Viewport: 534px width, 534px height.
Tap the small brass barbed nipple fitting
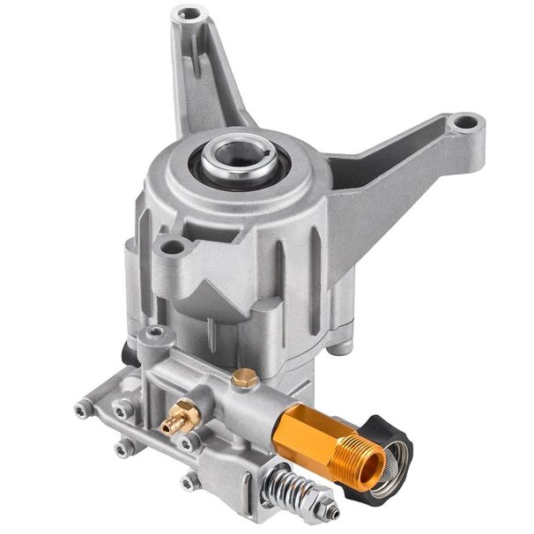pos(180,417)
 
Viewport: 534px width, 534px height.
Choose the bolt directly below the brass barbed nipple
pos(189,444)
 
